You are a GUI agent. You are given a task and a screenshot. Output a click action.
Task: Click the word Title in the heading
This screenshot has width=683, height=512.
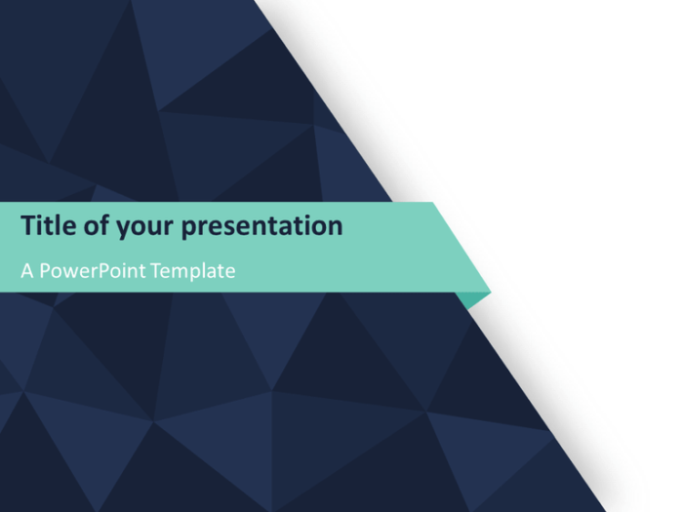click(x=46, y=226)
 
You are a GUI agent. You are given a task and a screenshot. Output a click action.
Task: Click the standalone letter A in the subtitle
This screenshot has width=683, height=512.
click(x=27, y=271)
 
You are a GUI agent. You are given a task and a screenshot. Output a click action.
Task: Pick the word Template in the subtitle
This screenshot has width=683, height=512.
click(x=193, y=271)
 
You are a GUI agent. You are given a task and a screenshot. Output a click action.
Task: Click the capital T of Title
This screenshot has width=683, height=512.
click(x=28, y=226)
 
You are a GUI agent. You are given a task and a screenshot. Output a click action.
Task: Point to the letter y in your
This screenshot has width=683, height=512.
click(x=123, y=230)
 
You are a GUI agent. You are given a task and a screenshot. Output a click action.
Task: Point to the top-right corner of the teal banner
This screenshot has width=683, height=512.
click(x=432, y=203)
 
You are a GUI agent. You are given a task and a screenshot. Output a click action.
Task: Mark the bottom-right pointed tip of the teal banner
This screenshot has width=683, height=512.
click(x=490, y=291)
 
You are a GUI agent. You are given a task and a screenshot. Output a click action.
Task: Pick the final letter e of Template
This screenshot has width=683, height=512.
click(x=230, y=272)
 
